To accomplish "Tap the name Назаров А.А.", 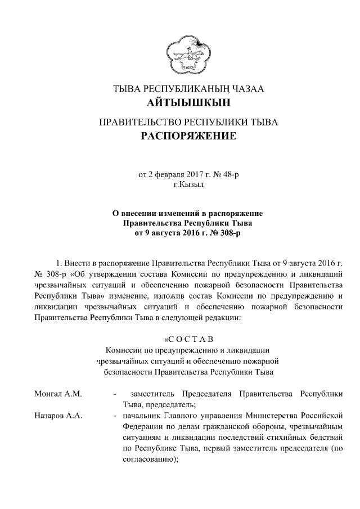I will click(58, 416).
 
